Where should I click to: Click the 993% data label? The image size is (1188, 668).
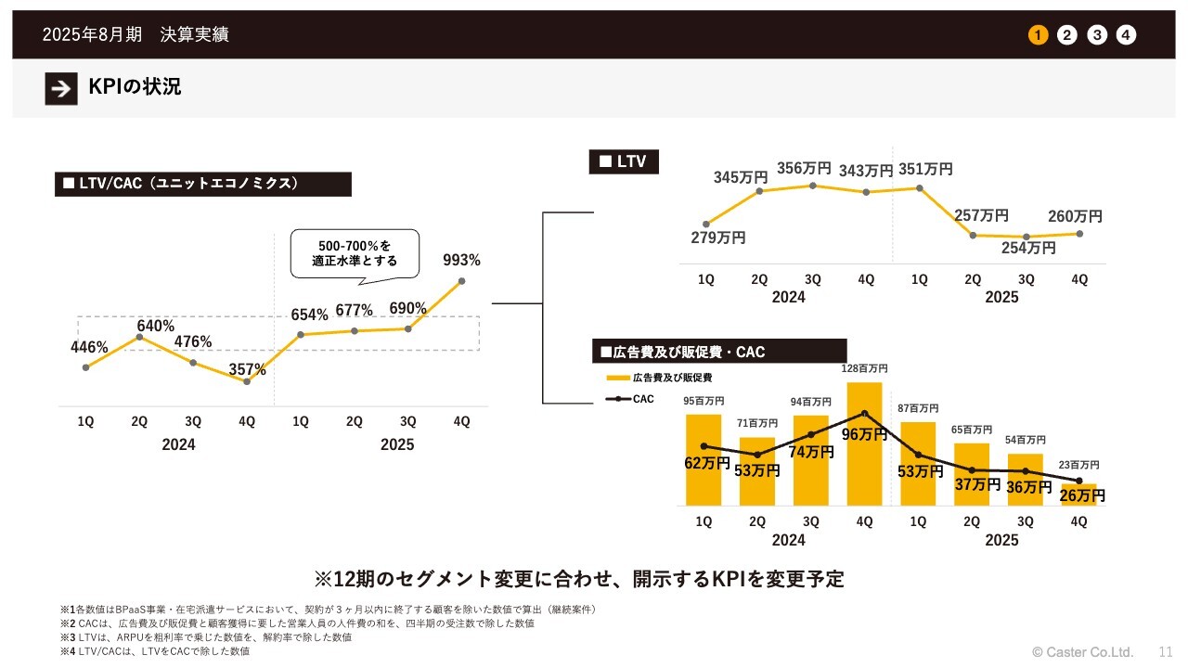coord(461,260)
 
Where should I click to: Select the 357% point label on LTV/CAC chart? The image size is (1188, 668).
coord(248,369)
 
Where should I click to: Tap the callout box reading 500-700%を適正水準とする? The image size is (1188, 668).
coord(355,253)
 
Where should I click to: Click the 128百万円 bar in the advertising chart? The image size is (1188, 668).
coord(864,443)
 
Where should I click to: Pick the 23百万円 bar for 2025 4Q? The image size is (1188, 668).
coord(1079,495)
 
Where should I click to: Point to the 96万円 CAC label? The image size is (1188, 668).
coord(864,434)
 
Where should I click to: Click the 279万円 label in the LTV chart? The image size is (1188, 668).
coord(718,238)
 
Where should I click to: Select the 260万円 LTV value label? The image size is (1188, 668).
coord(1075,216)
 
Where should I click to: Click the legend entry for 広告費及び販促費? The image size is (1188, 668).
coord(660,378)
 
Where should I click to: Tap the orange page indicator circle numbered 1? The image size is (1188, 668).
coord(1038,35)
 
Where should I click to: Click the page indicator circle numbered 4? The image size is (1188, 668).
coord(1126,35)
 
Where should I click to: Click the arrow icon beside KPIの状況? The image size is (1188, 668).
coord(61,88)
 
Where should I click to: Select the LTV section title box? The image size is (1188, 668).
coord(623,162)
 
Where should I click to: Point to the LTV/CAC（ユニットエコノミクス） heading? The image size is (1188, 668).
coord(203,184)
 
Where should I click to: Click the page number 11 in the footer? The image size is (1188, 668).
coord(1166,651)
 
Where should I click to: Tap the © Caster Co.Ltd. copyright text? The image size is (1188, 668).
coord(1083,651)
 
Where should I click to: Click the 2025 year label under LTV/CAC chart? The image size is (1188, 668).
coord(397,445)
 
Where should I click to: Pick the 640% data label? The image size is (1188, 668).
coord(156,326)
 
